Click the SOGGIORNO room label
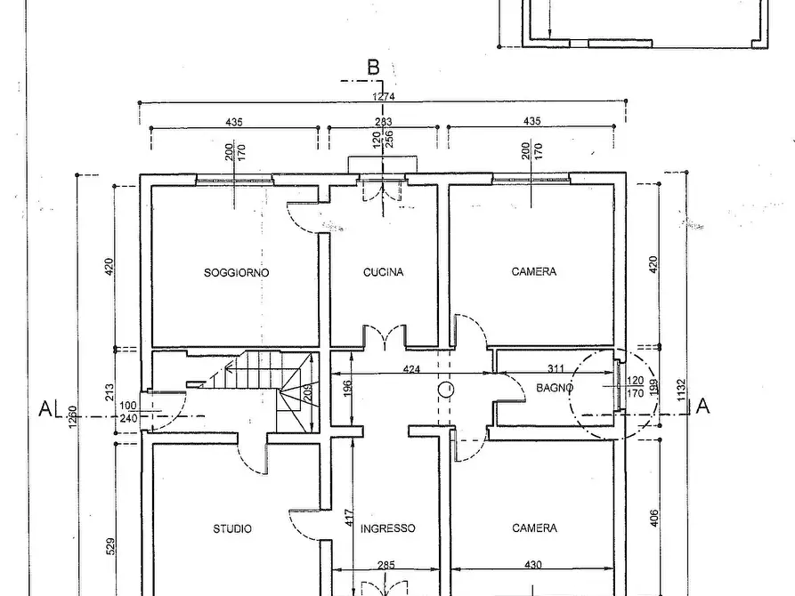pyautogui.click(x=236, y=273)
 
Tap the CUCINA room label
pyautogui.click(x=384, y=272)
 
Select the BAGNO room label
pyautogui.click(x=555, y=388)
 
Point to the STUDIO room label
pyautogui.click(x=232, y=528)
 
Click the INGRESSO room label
pyautogui.click(x=388, y=528)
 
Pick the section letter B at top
pyautogui.click(x=373, y=68)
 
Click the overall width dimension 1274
pyautogui.click(x=384, y=96)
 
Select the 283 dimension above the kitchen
pyautogui.click(x=384, y=122)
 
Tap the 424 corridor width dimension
pyautogui.click(x=411, y=369)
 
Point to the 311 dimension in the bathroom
pyautogui.click(x=556, y=368)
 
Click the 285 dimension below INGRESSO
pyautogui.click(x=385, y=565)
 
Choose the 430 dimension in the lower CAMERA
pyautogui.click(x=533, y=564)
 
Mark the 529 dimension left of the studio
pyautogui.click(x=110, y=546)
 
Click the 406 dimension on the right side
pyautogui.click(x=653, y=518)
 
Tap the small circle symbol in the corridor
pyautogui.click(x=446, y=390)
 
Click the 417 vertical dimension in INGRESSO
pyautogui.click(x=349, y=518)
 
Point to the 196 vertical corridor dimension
pyautogui.click(x=348, y=389)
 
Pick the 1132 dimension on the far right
pyautogui.click(x=680, y=390)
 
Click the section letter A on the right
pyautogui.click(x=702, y=406)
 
